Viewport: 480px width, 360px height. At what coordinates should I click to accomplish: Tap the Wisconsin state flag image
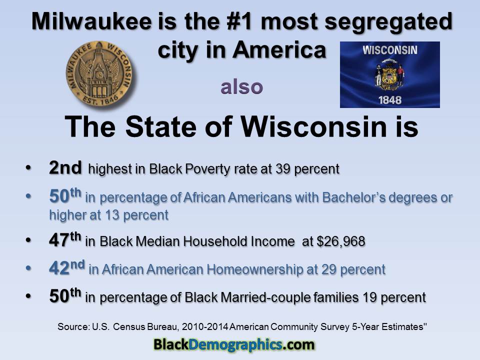click(389, 74)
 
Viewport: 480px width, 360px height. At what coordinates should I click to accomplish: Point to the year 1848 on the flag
click(390, 99)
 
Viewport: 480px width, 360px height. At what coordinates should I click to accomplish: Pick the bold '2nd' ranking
click(65, 168)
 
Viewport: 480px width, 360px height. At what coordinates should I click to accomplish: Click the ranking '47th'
click(65, 240)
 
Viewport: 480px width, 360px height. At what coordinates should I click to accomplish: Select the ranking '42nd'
click(66, 268)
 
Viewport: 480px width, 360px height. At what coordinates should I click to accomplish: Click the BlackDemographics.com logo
click(233, 344)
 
